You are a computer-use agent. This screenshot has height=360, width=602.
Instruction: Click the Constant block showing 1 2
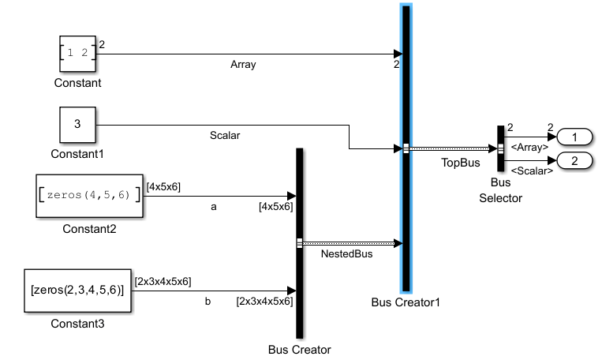(77, 54)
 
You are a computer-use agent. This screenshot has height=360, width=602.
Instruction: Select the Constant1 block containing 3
(77, 125)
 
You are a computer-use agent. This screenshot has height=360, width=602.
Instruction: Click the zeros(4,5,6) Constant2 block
(90, 195)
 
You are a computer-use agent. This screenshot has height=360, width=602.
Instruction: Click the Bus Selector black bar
(500, 148)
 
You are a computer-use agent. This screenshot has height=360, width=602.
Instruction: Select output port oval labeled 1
(574, 137)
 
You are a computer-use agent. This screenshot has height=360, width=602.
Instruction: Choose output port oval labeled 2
(574, 161)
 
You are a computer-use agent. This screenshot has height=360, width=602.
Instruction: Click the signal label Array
(243, 65)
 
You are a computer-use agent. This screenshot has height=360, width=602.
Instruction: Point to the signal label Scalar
(225, 135)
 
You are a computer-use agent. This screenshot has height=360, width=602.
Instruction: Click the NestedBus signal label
(348, 254)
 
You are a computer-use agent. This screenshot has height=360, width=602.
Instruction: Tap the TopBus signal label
(460, 162)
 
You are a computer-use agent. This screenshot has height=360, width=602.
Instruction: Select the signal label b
(208, 301)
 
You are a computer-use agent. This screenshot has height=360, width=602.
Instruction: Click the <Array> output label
(530, 147)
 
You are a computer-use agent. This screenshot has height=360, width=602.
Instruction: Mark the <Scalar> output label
(530, 171)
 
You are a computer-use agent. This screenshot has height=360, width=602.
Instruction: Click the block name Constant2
(90, 229)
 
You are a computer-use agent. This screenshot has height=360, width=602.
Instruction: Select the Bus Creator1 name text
(406, 302)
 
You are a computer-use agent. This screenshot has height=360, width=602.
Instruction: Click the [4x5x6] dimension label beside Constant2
(163, 186)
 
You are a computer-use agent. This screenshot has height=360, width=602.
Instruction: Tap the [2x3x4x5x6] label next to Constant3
(163, 280)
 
